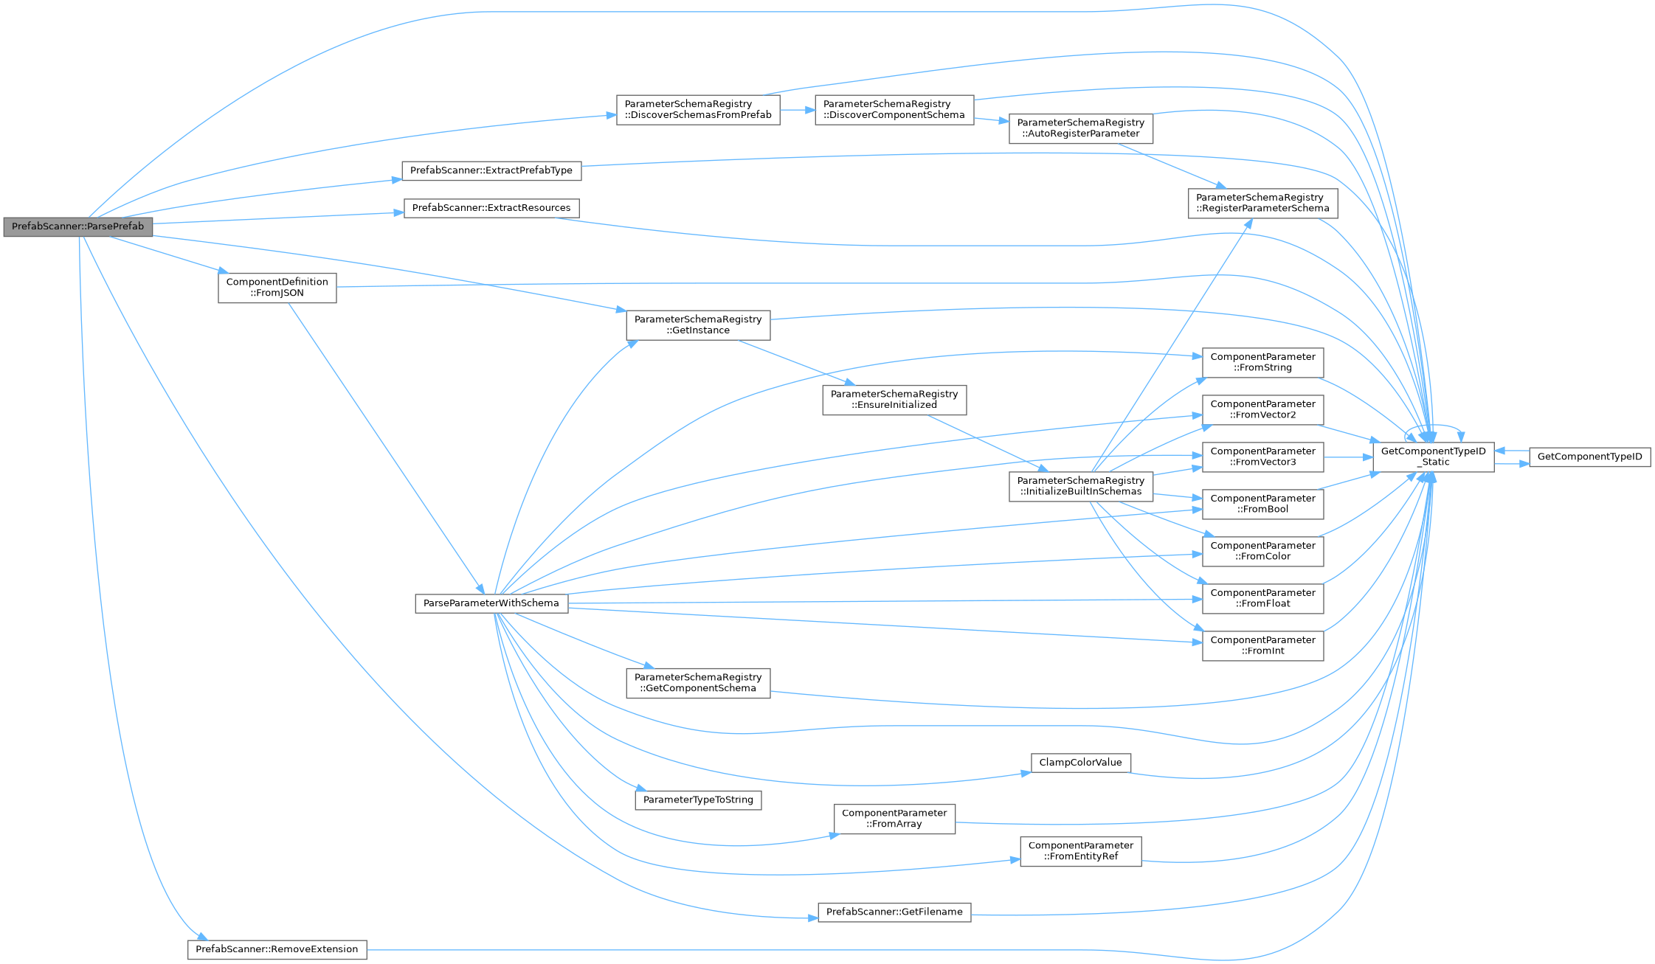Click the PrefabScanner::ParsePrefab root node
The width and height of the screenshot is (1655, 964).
(77, 226)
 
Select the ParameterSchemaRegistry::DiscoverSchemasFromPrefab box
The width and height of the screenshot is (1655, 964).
(698, 110)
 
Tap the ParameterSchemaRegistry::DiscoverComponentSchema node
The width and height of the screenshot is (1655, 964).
(894, 110)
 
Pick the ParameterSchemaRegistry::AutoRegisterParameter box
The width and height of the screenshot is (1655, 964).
(1080, 128)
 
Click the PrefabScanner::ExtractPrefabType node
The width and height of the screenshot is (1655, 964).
(491, 170)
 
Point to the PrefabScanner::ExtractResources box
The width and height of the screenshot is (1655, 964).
(491, 208)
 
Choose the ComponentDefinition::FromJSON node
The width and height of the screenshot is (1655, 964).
(277, 288)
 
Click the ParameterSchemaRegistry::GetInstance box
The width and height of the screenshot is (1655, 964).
(698, 325)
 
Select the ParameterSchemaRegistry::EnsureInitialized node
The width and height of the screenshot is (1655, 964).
(894, 400)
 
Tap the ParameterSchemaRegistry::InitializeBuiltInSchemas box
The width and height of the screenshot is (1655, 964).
(1080, 486)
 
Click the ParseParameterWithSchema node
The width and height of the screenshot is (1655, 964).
(491, 603)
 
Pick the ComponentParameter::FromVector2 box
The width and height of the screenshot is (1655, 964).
(1262, 409)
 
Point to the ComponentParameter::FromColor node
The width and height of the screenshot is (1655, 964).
(1262, 551)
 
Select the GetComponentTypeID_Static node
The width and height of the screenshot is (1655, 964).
(1433, 457)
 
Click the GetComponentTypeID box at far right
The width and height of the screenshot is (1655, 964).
(1589, 457)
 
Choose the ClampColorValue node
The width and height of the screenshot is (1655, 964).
(1080, 763)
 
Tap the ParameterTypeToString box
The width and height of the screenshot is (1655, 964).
(698, 800)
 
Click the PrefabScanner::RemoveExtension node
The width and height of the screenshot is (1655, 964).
(277, 949)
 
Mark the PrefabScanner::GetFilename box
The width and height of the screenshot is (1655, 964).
(894, 912)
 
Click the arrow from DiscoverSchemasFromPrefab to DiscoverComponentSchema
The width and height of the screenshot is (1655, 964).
(797, 110)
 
